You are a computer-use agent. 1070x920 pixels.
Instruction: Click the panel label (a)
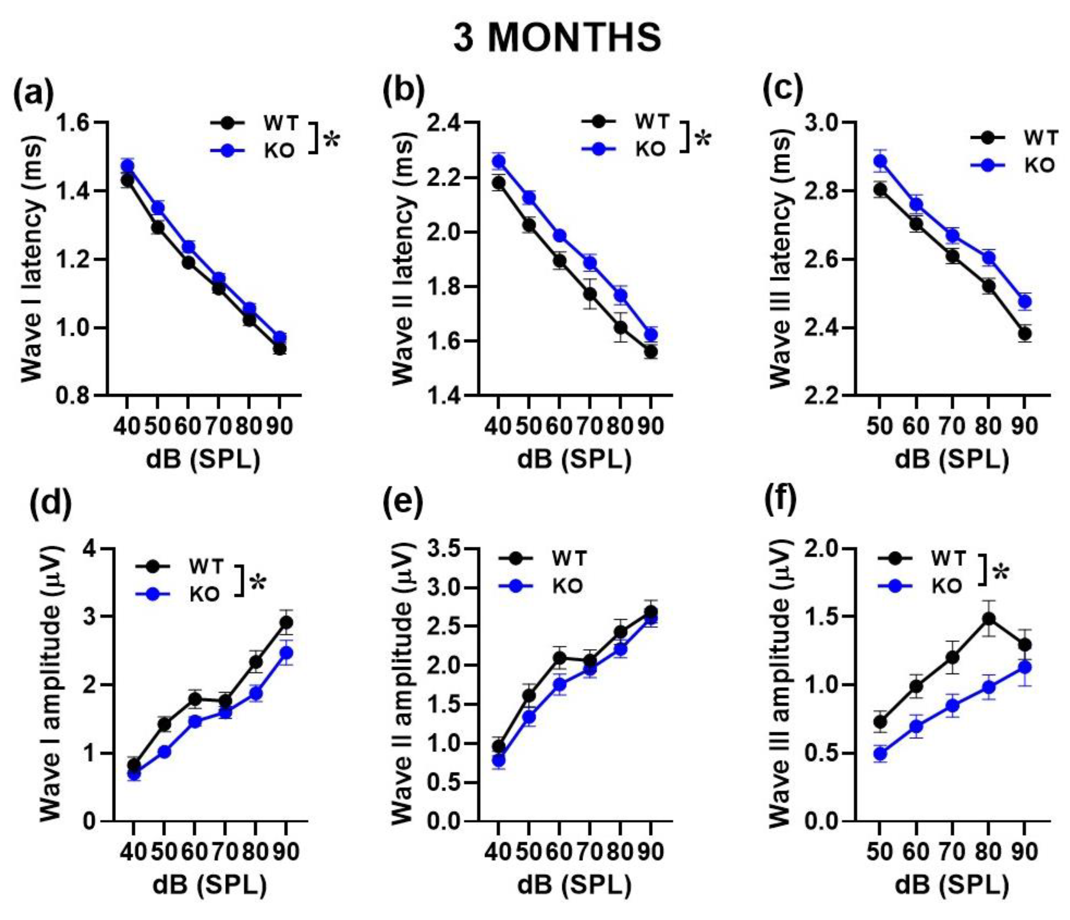coord(34,91)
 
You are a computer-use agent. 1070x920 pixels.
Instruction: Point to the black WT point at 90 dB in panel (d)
coord(286,622)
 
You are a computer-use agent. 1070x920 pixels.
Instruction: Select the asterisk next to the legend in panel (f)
coord(1000,573)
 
